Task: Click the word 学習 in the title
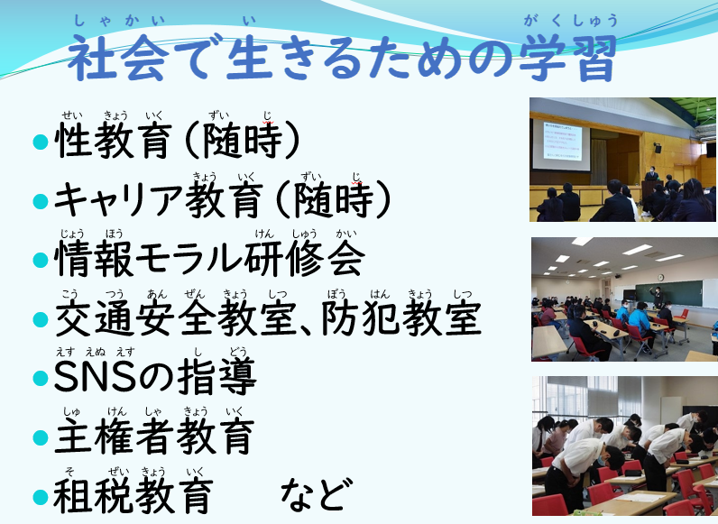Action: tap(568, 58)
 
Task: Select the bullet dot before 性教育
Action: tap(41, 142)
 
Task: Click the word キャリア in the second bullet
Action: tap(118, 200)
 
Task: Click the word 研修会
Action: tap(305, 258)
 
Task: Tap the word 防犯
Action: tap(361, 317)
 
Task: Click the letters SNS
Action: tap(96, 377)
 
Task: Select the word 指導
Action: tap(217, 377)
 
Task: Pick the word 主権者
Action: tap(114, 436)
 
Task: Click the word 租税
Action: tap(94, 496)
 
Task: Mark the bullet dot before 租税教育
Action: tap(41, 497)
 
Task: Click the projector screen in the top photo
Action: tap(560, 145)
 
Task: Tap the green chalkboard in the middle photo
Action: tap(669, 293)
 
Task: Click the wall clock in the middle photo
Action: tap(660, 277)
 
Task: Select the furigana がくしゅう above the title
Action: tap(571, 21)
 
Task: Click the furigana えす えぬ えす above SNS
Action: tap(96, 352)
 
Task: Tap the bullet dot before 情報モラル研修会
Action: tap(41, 260)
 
